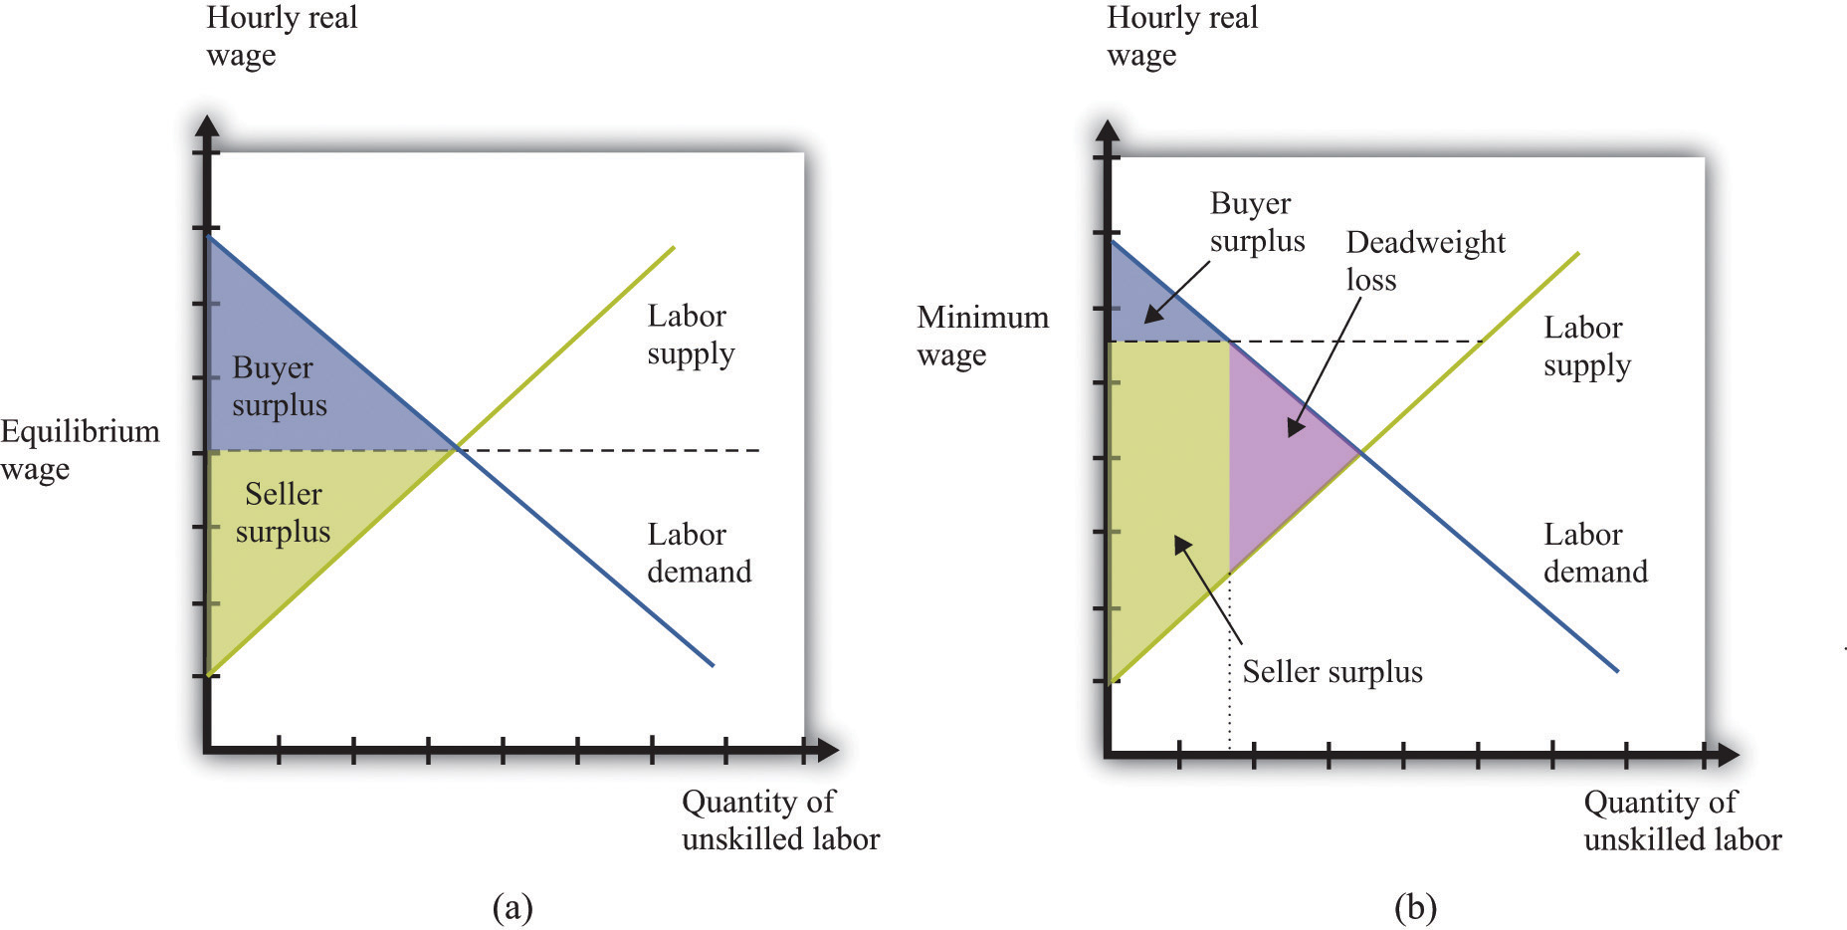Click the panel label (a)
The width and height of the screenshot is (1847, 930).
[513, 907]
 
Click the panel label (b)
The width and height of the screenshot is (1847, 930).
[1415, 907]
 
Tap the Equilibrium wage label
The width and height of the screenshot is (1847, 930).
[80, 449]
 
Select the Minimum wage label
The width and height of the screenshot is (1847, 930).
[982, 336]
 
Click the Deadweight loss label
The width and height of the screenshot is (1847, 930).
[1425, 261]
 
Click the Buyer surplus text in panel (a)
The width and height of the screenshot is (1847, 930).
[279, 386]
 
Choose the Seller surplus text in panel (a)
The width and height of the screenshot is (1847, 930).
[283, 513]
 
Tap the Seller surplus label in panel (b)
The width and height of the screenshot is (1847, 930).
[1332, 672]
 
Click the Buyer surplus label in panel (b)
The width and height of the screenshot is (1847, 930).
[1257, 222]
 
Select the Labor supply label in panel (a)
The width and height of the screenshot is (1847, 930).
[691, 335]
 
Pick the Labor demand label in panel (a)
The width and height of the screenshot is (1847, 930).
[699, 553]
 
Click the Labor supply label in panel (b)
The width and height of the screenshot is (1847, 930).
[1587, 347]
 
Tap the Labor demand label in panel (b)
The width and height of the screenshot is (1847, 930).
[1595, 553]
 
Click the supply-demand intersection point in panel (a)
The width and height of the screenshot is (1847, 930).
[457, 450]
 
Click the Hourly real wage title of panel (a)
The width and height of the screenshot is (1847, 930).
[282, 36]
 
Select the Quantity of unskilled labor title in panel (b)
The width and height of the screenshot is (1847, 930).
[1682, 820]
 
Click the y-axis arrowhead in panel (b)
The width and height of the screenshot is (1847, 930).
[1108, 130]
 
